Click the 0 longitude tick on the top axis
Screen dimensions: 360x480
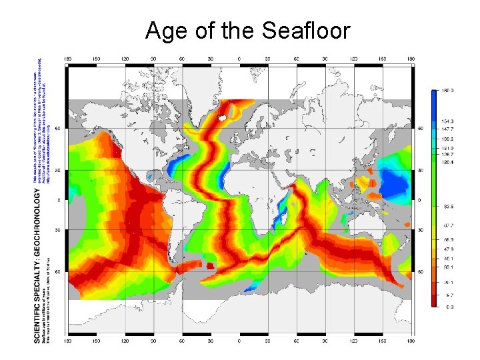(240, 59)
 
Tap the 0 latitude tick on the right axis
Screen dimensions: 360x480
(420, 200)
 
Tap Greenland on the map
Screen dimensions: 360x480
(200, 90)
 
